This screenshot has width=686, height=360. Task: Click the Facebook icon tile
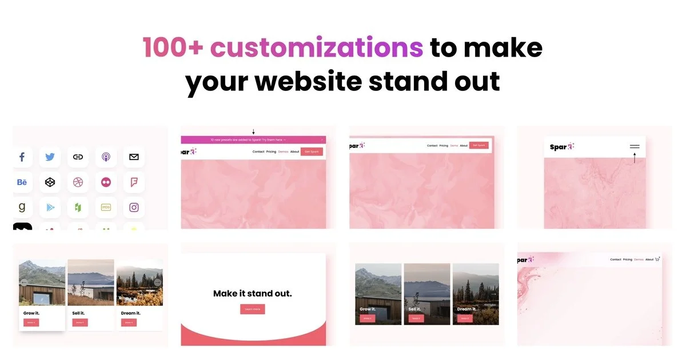22,157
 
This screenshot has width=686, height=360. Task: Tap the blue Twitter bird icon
50,157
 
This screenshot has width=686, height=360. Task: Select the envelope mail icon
134,157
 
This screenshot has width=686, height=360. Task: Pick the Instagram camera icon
134,207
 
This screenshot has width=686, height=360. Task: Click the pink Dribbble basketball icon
78,182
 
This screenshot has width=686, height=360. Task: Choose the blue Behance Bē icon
22,182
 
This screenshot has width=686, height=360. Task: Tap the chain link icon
78,157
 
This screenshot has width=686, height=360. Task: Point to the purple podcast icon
106,157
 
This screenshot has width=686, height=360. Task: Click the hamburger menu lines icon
635,147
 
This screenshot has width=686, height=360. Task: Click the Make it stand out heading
253,294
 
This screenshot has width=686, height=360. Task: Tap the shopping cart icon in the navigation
657,259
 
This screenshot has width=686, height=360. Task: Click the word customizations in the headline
317,48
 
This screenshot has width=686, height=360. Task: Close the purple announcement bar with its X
322,139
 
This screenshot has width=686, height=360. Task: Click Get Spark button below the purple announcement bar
312,151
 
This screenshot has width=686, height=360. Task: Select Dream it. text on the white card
130,313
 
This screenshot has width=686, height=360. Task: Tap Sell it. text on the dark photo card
414,309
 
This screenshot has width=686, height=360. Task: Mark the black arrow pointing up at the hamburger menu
635,158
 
